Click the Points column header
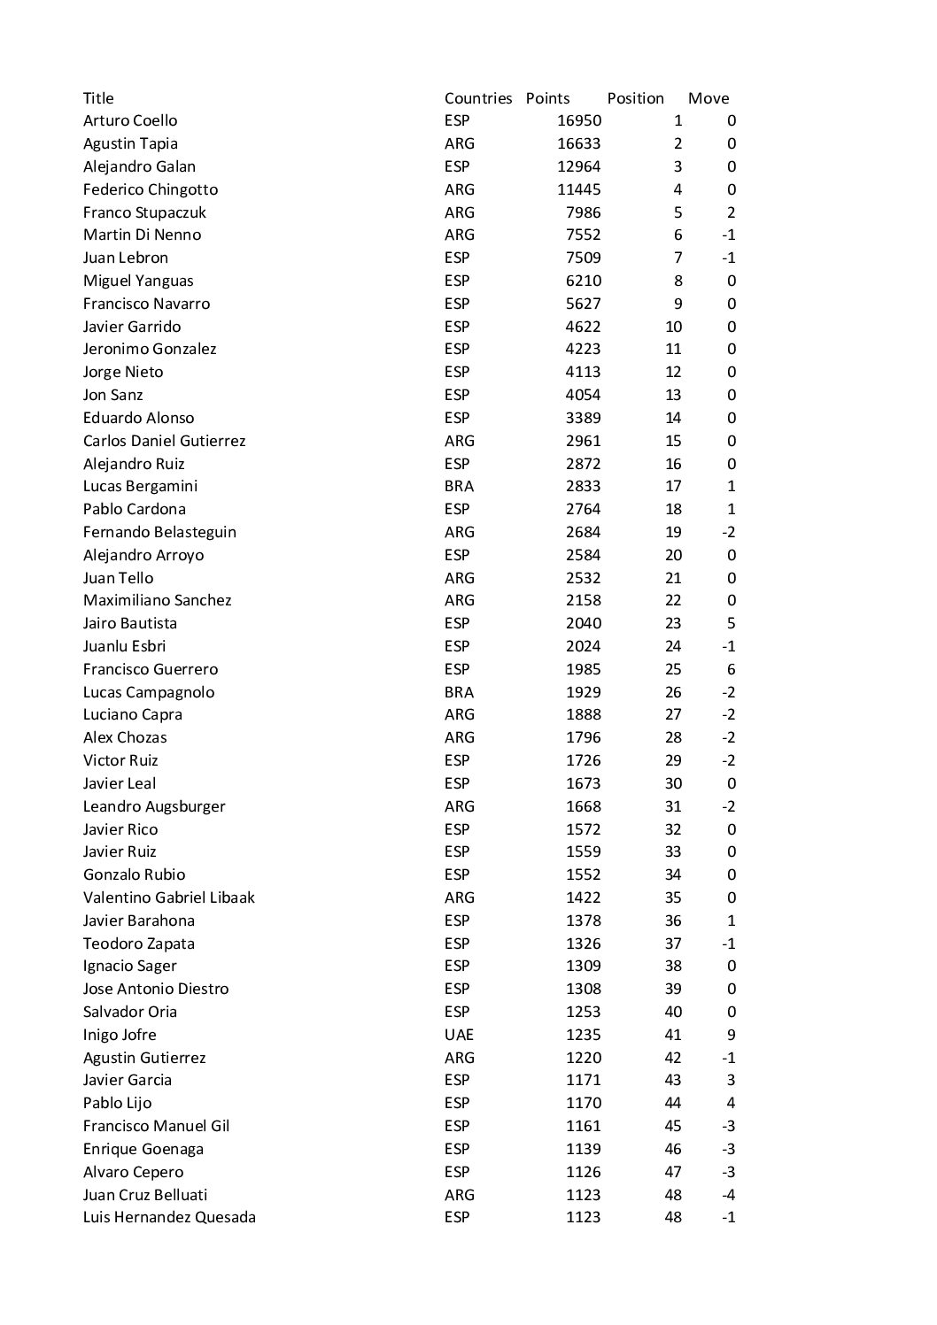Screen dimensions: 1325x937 (547, 98)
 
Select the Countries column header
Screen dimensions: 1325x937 (478, 98)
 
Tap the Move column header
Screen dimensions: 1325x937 (709, 98)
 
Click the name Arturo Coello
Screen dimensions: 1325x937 (130, 120)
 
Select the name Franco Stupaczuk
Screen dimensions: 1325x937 (144, 212)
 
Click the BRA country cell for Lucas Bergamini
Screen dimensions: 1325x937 (459, 486)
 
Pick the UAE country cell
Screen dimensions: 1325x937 (459, 1035)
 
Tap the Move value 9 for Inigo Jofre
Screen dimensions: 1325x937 (731, 1035)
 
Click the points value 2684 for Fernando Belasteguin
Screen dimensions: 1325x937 (583, 532)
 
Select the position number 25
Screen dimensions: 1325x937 (673, 669)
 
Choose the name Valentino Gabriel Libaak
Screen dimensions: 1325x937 (168, 897)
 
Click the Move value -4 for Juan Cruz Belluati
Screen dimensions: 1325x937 (727, 1195)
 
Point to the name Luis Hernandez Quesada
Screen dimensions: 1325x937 (169, 1217)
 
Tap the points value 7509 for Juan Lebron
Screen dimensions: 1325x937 (583, 258)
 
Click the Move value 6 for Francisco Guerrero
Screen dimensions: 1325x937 (731, 669)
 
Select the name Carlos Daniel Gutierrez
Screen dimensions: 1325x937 (164, 441)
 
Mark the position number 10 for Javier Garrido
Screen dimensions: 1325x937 (673, 327)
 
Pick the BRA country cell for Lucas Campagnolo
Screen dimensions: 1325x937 (459, 692)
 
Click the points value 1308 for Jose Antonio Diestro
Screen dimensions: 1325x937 (583, 989)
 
